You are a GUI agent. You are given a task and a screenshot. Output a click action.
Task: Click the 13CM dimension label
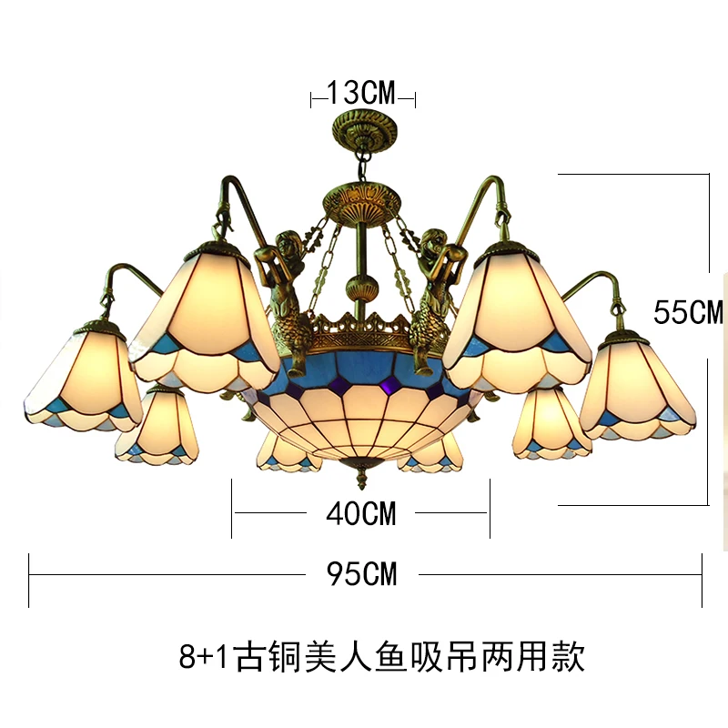[x=362, y=92]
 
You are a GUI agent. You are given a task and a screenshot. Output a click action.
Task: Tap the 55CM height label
[x=688, y=312]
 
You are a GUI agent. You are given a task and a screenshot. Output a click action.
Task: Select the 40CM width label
[x=361, y=513]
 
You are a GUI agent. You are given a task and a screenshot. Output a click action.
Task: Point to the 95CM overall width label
[x=361, y=573]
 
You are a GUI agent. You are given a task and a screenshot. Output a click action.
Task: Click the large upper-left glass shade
[x=205, y=314]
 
